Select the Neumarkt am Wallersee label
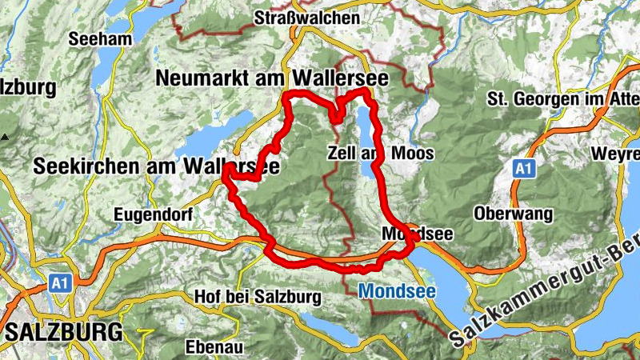[x=273, y=78]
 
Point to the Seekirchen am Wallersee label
[x=157, y=166]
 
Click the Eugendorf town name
[x=151, y=214]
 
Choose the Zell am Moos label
[x=381, y=153]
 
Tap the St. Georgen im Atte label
[x=562, y=99]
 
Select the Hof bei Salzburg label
[x=258, y=298]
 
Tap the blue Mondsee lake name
[x=397, y=291]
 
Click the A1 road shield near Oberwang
[x=523, y=170]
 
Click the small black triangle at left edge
[x=5, y=137]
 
